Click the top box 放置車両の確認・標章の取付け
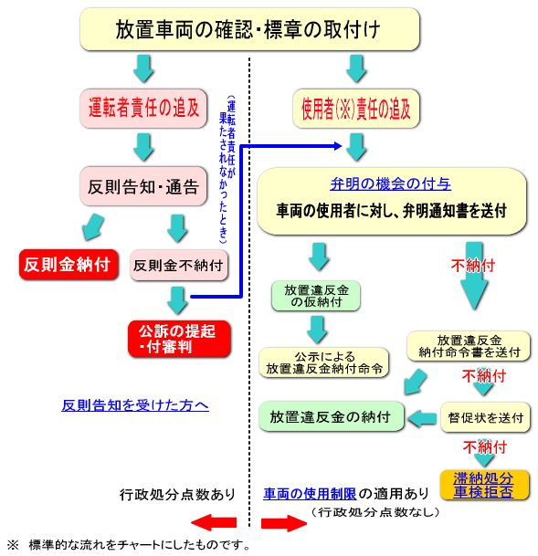(x=249, y=29)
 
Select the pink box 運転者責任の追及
(x=143, y=109)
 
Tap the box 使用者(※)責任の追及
(x=356, y=109)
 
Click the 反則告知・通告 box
(x=143, y=186)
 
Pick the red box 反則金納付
(x=69, y=265)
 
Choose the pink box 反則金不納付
(x=179, y=266)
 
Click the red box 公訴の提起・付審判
(x=179, y=339)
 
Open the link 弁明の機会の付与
(x=390, y=184)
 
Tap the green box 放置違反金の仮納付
(x=316, y=296)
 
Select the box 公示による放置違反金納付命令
(x=323, y=362)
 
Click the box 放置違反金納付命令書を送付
(x=469, y=346)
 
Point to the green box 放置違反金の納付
(x=332, y=416)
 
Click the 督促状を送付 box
(x=485, y=417)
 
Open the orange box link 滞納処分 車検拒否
(x=484, y=485)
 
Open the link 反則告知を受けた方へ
(x=135, y=405)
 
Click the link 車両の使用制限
(x=310, y=494)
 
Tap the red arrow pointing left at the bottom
(x=214, y=522)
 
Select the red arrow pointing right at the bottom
(x=284, y=523)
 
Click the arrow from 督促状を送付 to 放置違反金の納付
(x=422, y=418)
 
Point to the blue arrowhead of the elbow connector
(x=338, y=146)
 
